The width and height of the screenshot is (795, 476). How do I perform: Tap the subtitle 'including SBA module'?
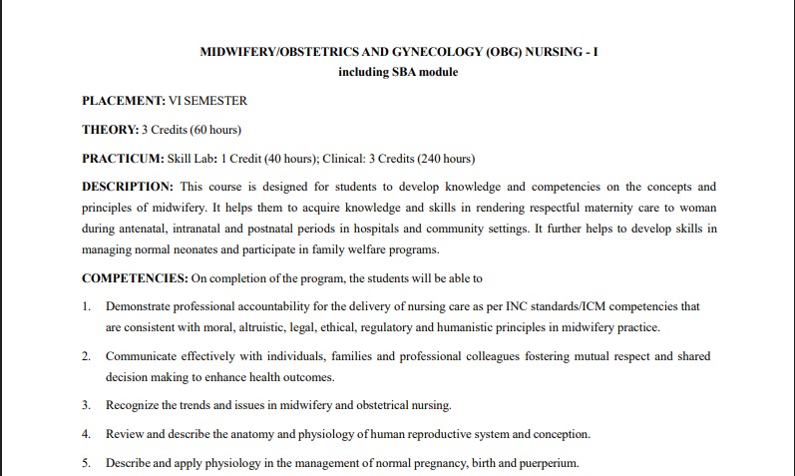tap(398, 72)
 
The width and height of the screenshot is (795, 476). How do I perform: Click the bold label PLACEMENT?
tap(123, 101)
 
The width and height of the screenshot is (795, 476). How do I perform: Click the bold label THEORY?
tap(110, 130)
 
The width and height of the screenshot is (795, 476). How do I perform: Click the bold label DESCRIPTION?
tap(128, 187)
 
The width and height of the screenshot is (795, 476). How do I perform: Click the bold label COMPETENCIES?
tap(134, 277)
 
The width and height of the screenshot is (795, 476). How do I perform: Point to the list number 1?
tap(86, 305)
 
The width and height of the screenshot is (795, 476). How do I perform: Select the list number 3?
tap(86, 405)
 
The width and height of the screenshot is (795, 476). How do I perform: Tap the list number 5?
tap(86, 463)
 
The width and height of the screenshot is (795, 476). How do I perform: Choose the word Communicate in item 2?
tap(141, 356)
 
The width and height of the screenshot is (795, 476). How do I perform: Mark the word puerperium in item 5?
tap(548, 463)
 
